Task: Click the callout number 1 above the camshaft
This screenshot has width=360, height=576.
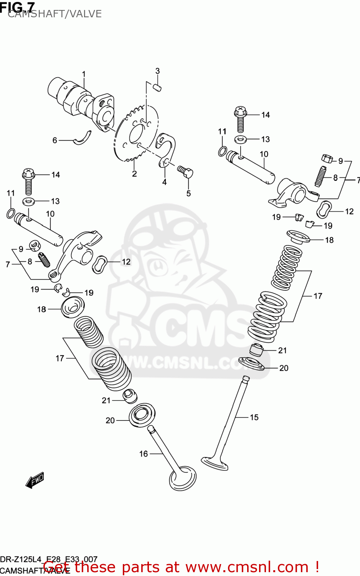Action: click(x=84, y=74)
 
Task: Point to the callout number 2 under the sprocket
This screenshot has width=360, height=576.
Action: click(x=134, y=174)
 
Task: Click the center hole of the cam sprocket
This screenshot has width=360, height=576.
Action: click(x=137, y=133)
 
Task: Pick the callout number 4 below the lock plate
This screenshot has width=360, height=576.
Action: click(x=164, y=182)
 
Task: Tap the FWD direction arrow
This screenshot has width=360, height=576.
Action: click(x=35, y=480)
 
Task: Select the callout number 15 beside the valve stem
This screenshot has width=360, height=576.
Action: click(x=254, y=417)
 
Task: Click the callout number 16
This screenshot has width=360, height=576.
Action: click(x=144, y=454)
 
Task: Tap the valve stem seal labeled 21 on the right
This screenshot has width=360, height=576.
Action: click(x=256, y=349)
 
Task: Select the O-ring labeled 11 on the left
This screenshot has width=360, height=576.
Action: click(x=11, y=213)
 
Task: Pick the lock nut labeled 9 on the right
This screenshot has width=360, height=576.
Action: click(x=327, y=158)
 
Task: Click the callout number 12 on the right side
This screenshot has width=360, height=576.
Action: click(x=349, y=211)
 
